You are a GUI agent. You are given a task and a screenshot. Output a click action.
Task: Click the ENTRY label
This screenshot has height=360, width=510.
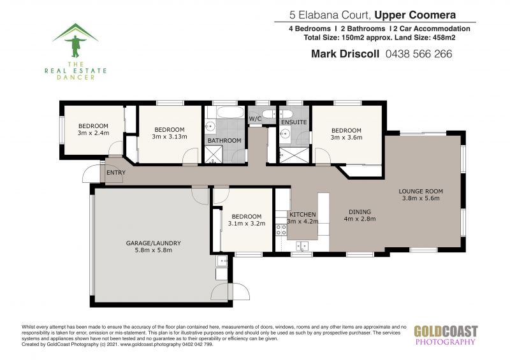tap(116, 173)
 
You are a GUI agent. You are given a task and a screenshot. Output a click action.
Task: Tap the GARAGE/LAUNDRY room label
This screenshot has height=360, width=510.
tap(153, 243)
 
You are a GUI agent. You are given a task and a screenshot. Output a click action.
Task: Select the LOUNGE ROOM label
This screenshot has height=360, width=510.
tap(421, 191)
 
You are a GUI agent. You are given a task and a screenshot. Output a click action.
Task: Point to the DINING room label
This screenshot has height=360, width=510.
tap(360, 212)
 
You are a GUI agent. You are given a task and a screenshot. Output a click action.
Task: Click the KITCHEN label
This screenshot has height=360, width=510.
tap(302, 215)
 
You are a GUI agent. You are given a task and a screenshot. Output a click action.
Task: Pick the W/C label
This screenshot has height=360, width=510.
tap(256, 119)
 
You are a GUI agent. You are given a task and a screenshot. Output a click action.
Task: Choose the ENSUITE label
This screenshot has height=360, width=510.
tap(294, 122)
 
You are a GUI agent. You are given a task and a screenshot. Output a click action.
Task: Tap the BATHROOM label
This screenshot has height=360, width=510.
tap(224, 140)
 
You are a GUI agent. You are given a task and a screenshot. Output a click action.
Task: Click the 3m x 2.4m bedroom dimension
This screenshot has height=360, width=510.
tap(93, 133)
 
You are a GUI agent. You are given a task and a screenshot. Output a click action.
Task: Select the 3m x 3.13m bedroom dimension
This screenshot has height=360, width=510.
tap(170, 136)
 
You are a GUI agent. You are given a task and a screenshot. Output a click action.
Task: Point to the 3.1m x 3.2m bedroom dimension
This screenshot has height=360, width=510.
tap(247, 224)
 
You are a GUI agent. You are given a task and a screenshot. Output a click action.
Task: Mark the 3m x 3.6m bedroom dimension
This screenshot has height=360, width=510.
tap(346, 137)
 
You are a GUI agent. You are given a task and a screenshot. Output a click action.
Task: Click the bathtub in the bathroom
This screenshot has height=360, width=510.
tap(231, 112)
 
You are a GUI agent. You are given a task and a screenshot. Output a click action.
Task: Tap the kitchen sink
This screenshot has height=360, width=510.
tap(302, 246)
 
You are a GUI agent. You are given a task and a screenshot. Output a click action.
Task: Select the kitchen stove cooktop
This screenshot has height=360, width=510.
tap(281, 229)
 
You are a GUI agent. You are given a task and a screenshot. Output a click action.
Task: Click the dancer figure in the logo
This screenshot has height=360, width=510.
tap(75, 46)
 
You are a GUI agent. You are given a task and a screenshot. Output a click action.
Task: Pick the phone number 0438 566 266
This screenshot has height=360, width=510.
tap(419, 54)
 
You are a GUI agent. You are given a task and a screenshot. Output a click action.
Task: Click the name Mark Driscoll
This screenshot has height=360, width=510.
tap(345, 54)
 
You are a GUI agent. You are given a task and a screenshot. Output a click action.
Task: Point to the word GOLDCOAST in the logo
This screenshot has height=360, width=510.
tap(446, 332)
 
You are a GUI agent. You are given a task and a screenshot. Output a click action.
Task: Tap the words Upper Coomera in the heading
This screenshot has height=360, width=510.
tap(415, 15)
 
